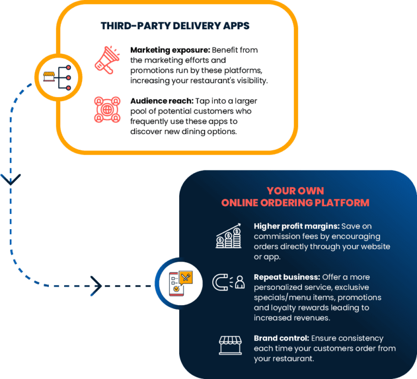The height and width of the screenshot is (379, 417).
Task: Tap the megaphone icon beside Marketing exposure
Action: (107, 59)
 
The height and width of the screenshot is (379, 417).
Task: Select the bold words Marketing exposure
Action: (170, 50)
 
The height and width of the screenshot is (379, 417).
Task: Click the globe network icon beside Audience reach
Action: (107, 109)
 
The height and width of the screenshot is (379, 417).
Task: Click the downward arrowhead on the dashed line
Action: (11, 179)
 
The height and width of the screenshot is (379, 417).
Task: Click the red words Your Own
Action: (295, 191)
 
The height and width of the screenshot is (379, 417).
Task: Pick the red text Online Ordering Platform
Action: (295, 203)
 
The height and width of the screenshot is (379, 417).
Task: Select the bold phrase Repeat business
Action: (287, 277)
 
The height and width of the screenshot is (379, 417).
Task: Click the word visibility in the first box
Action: (250, 80)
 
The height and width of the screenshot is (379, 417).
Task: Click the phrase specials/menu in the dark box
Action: (280, 298)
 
